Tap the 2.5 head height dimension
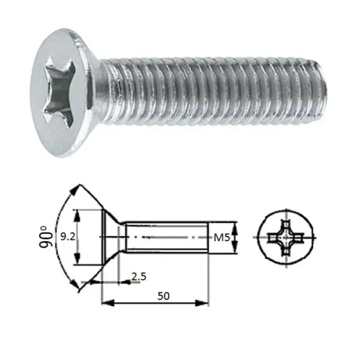139,276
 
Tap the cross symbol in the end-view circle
285,237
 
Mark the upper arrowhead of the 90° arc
76,189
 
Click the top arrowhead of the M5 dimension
235,225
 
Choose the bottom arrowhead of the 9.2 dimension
79,261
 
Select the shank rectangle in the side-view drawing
166,237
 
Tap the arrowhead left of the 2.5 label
127,281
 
